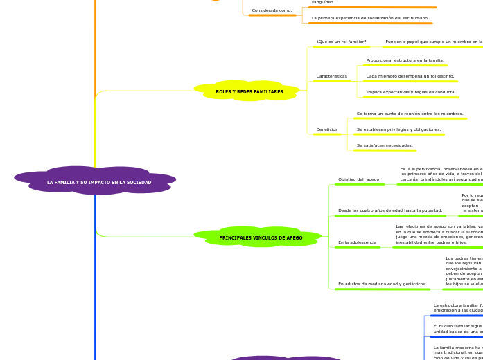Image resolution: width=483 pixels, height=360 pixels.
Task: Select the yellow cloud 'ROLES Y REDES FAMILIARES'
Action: tap(249, 91)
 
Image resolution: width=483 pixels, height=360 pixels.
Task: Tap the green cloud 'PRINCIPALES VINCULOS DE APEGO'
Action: tap(261, 237)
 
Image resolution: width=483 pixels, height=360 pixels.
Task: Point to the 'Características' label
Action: tap(331, 76)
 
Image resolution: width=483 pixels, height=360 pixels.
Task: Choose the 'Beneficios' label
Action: tap(326, 129)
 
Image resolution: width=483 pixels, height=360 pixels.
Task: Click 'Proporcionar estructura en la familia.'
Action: tap(405, 60)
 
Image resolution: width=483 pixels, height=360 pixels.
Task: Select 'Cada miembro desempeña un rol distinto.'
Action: tap(410, 76)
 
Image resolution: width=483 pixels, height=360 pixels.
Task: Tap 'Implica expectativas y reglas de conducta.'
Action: tap(410, 92)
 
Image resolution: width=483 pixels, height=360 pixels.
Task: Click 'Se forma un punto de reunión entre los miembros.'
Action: tap(410, 114)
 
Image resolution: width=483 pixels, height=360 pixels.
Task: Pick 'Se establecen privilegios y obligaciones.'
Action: tap(398, 129)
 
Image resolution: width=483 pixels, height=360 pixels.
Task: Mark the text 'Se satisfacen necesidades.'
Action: tap(385, 145)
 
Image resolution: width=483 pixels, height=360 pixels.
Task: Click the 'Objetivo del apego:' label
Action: tap(359, 179)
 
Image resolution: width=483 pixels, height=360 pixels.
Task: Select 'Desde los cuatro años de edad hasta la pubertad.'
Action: tap(389, 210)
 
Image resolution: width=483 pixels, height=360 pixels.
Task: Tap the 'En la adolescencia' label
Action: tap(357, 242)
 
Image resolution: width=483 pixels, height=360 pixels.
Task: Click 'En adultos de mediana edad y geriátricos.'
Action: tap(382, 284)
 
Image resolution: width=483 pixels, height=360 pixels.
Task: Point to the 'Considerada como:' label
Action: tap(272, 10)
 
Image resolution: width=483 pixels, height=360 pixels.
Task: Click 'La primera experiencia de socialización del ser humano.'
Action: tap(370, 18)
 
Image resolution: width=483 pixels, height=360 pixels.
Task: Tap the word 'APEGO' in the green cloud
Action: tap(294, 238)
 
